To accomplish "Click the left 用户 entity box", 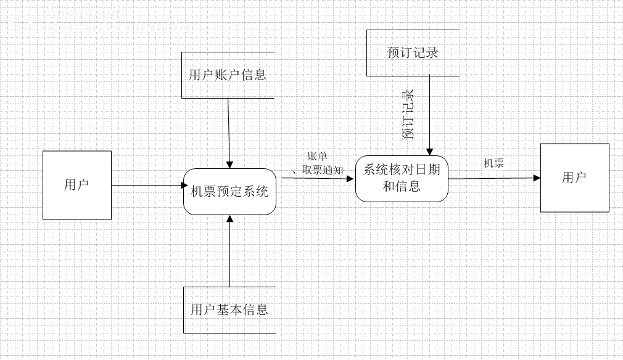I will [x=77, y=185].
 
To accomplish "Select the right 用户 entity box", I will [x=574, y=178].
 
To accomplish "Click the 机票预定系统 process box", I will [x=229, y=192].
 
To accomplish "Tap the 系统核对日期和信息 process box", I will [x=402, y=179].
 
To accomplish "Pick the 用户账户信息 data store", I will [x=228, y=75].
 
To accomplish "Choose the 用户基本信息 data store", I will [x=229, y=309].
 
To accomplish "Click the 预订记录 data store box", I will [x=413, y=53].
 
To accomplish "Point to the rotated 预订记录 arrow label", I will [x=408, y=115].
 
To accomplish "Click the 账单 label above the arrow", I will [x=317, y=157].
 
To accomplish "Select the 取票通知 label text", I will [x=323, y=170].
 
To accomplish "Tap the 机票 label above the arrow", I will [x=494, y=163].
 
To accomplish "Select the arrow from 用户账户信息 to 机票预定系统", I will [x=229, y=133].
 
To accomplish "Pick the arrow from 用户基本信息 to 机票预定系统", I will [x=229, y=253].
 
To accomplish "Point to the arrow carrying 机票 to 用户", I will [x=493, y=178].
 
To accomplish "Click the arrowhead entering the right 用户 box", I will [x=537, y=178].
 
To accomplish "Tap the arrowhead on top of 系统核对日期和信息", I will [x=430, y=152].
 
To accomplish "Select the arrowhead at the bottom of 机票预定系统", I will [x=229, y=219].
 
